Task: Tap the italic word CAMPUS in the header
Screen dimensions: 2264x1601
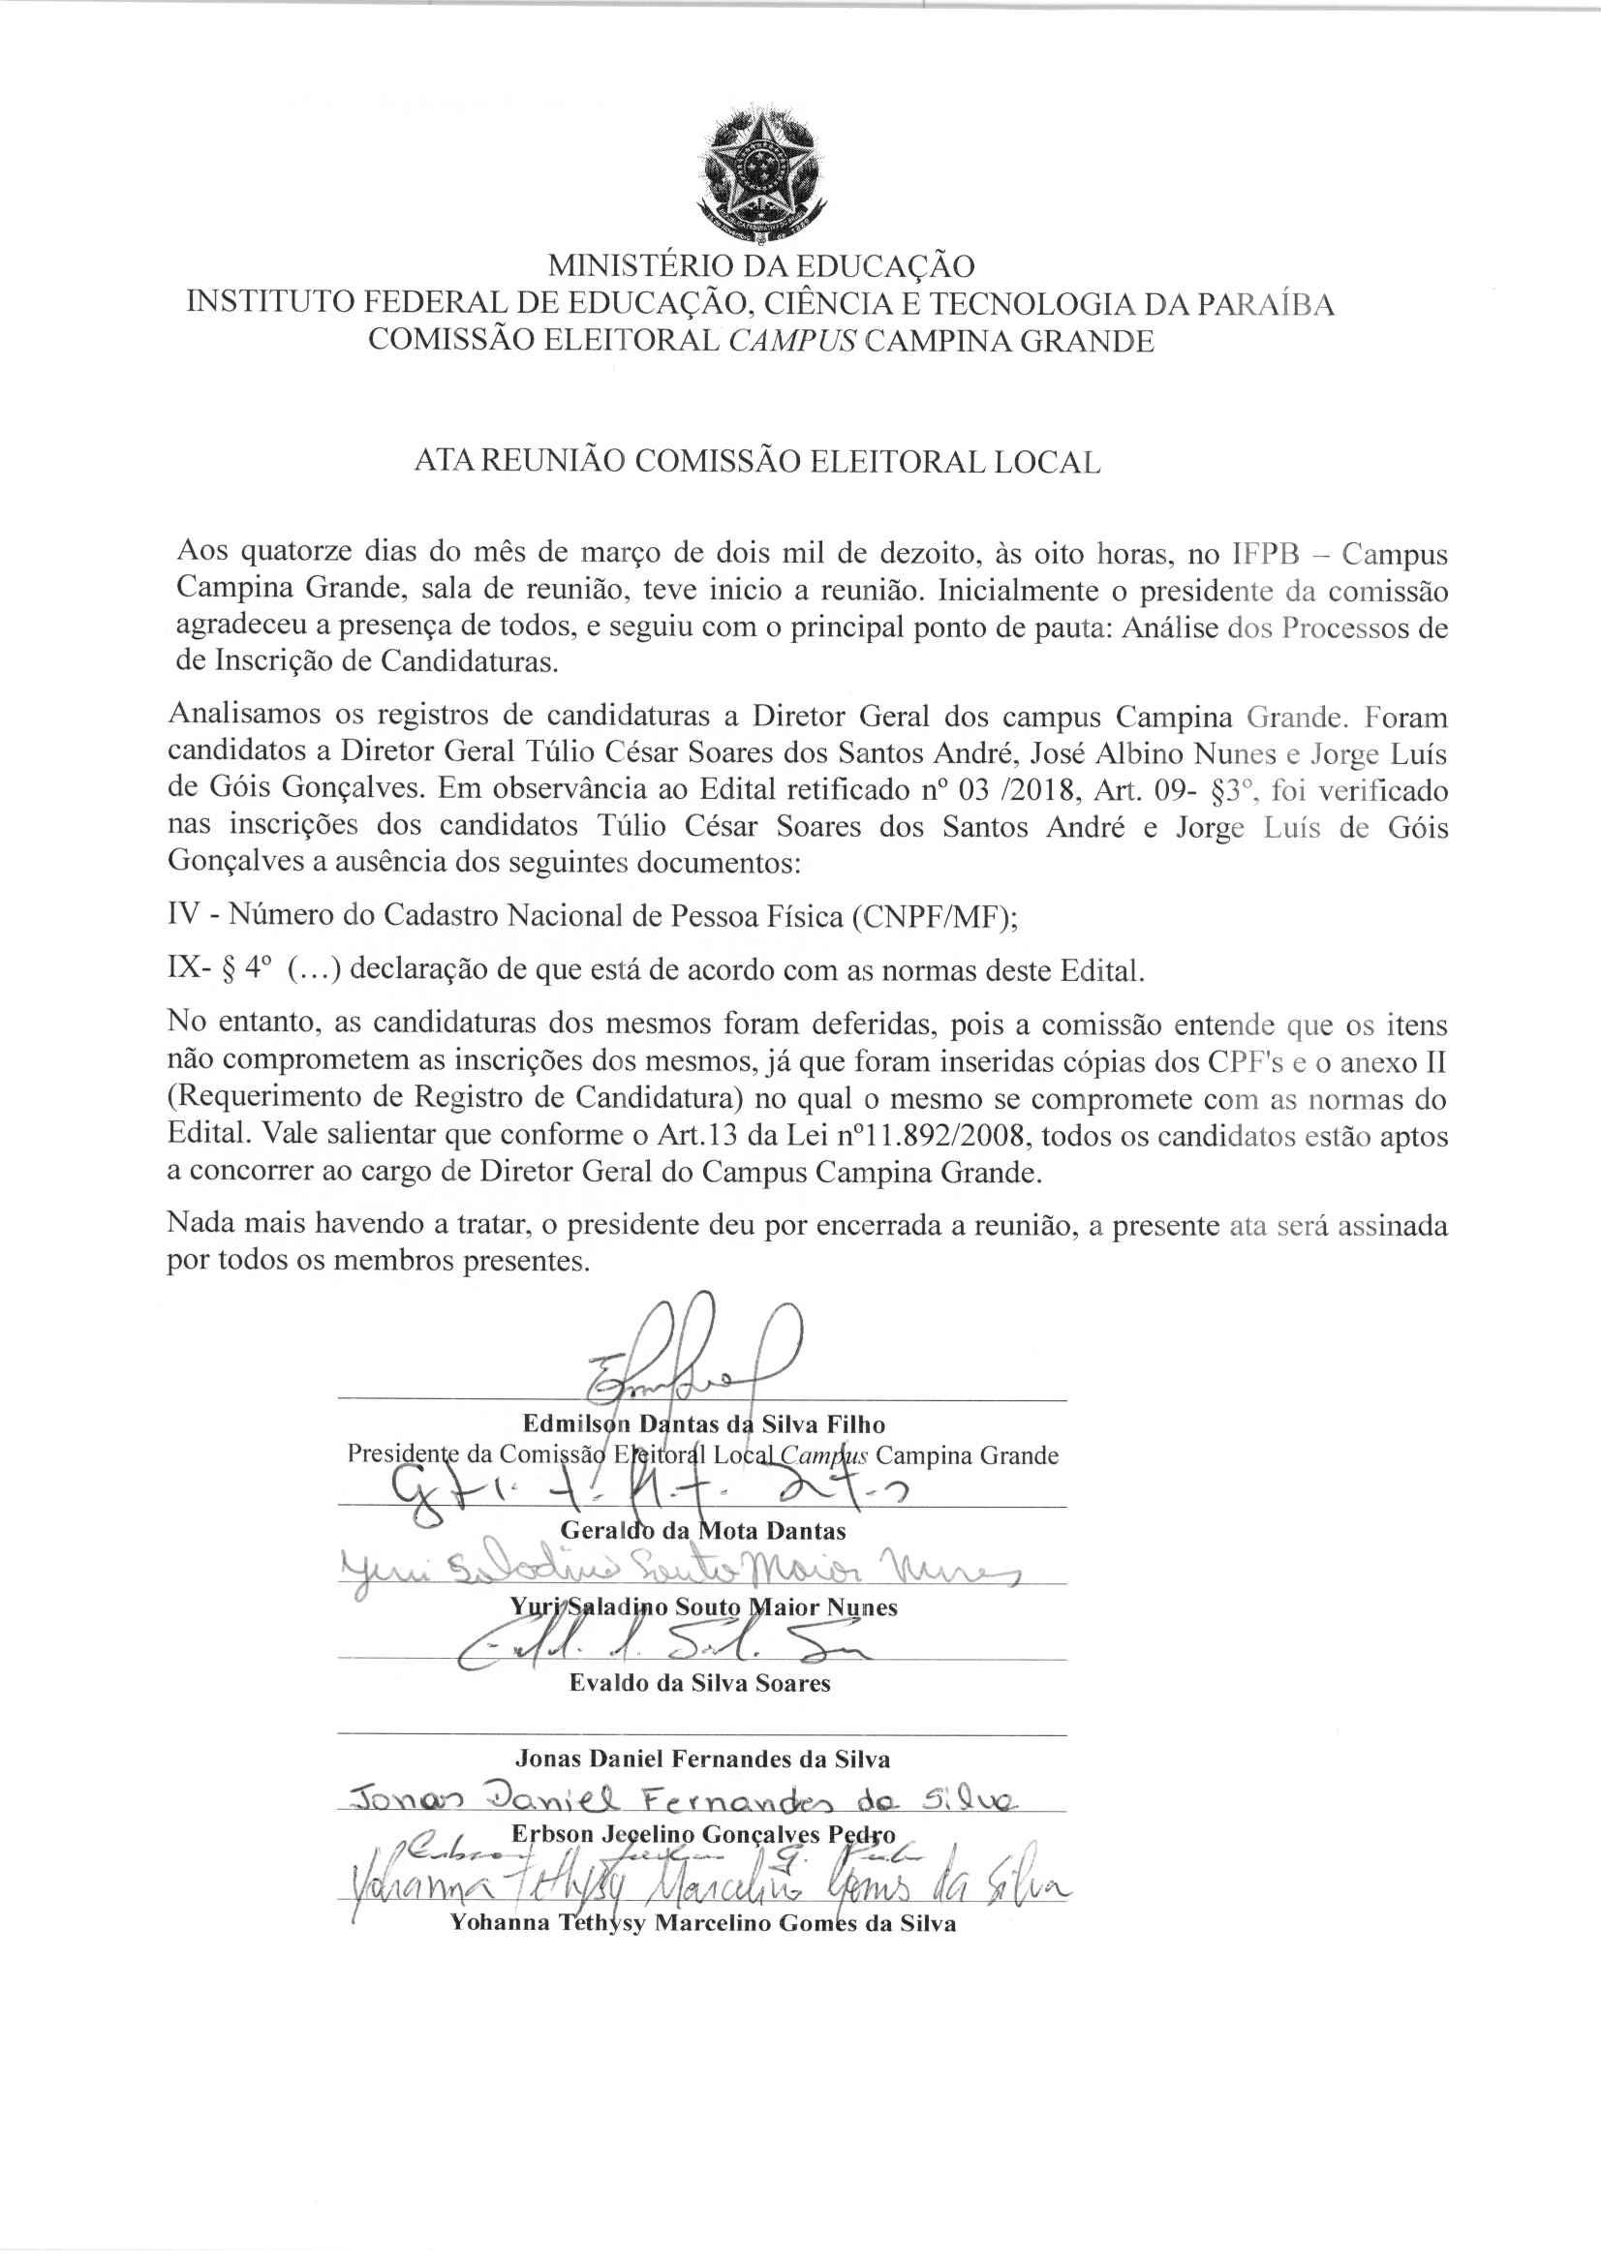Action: (793, 341)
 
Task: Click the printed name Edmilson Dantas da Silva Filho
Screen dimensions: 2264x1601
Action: (703, 1423)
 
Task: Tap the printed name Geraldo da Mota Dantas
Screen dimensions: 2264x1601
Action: (702, 1530)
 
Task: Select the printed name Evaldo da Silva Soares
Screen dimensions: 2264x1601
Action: (699, 1682)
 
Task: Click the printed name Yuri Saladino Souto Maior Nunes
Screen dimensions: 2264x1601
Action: (702, 1607)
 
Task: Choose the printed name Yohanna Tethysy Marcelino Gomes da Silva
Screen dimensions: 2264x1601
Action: (702, 1923)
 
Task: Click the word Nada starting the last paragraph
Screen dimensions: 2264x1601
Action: (198, 1226)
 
